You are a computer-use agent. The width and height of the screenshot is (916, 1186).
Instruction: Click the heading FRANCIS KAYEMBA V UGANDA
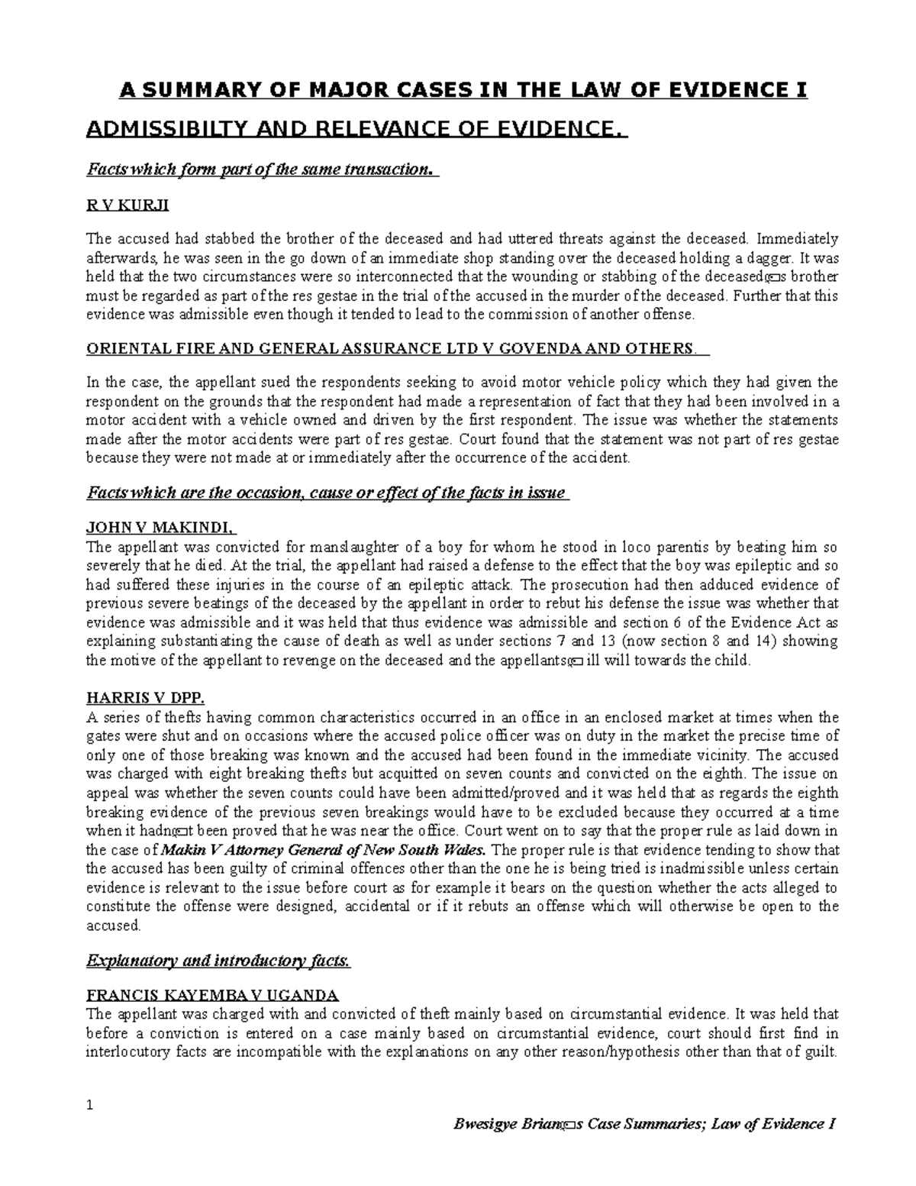coord(213,995)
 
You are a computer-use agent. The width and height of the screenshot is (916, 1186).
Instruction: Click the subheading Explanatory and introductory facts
coord(219,961)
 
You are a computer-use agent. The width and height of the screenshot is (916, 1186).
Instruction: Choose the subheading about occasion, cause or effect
coord(327,493)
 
